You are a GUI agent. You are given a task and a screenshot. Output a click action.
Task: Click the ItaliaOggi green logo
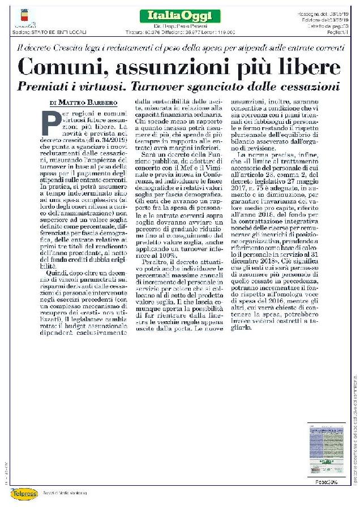(172, 16)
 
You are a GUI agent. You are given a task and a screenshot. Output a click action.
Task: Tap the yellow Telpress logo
(23, 493)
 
